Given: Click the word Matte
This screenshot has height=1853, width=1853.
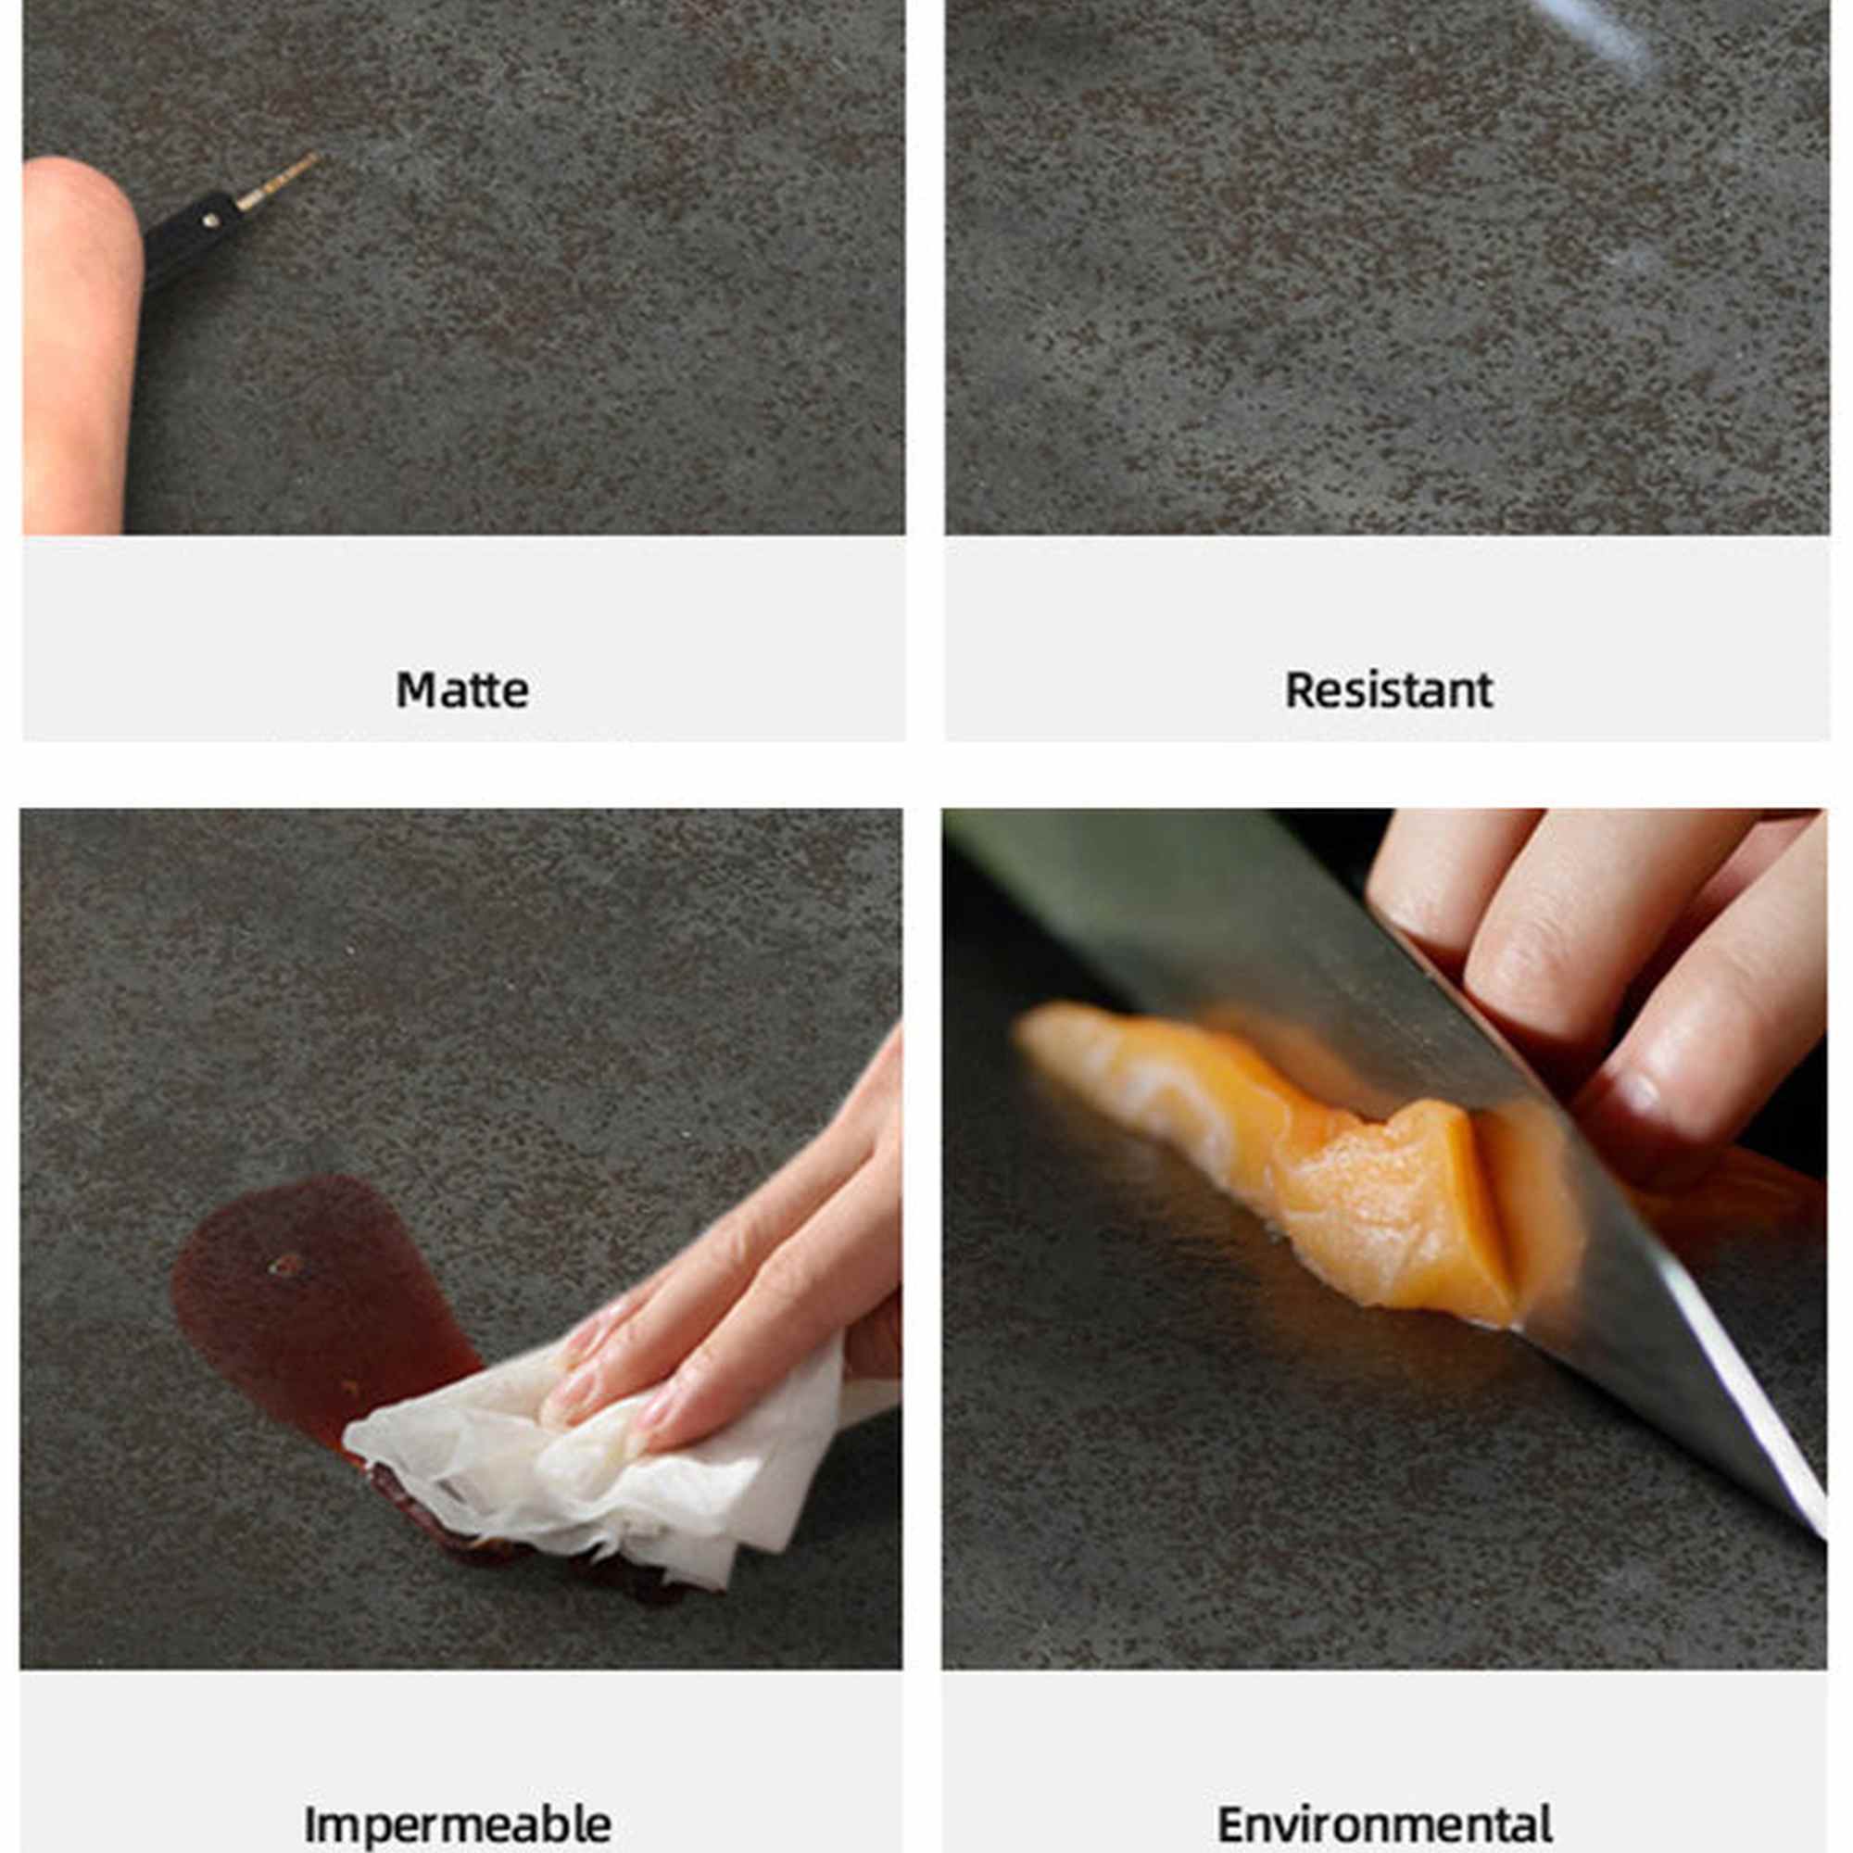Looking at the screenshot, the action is tap(462, 689).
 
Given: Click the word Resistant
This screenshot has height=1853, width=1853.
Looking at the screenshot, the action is tap(1389, 689).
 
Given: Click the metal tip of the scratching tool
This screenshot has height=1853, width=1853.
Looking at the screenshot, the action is tap(278, 182).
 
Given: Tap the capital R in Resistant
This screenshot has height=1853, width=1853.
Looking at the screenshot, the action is tap(1301, 689).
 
